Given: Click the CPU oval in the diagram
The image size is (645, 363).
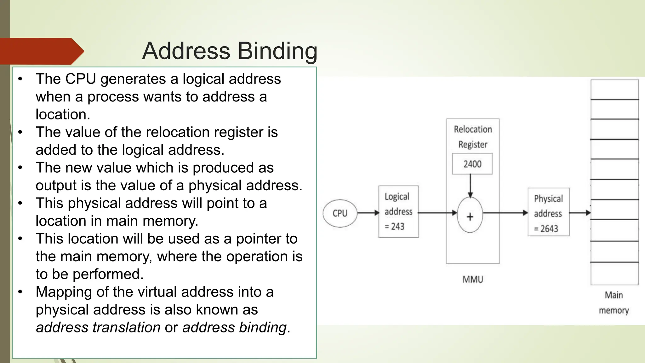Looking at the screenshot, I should (x=340, y=213).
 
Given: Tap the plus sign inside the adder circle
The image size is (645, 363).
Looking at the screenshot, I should (x=470, y=217).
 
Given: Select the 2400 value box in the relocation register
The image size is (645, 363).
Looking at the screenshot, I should (x=472, y=164).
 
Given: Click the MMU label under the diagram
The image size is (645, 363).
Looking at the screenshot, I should (x=473, y=279).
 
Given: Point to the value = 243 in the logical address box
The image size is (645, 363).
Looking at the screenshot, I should (x=395, y=226).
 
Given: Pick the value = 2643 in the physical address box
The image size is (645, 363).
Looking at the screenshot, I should (x=546, y=228).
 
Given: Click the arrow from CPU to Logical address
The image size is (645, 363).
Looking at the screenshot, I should (x=368, y=213).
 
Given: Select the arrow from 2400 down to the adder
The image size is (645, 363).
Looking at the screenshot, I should (x=470, y=186).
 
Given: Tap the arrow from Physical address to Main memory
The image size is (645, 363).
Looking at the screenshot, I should (x=580, y=213).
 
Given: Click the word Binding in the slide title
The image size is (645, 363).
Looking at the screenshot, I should (x=277, y=51).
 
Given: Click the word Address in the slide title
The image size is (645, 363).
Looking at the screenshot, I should (x=186, y=51).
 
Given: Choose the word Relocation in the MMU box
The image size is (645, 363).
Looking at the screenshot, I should (x=473, y=129).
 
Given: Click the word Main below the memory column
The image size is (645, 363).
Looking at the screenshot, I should (x=614, y=295).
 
